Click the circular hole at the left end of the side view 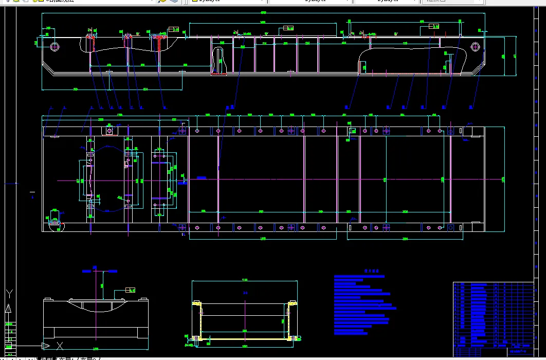click(x=55, y=47)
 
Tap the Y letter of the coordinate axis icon click(x=9, y=294)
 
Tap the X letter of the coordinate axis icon click(x=60, y=346)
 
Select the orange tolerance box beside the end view click(x=130, y=290)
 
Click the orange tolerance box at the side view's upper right click(x=434, y=26)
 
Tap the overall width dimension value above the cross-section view click(x=245, y=280)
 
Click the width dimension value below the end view click(x=95, y=348)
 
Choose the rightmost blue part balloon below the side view click(x=471, y=107)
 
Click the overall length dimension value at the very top click(x=263, y=12)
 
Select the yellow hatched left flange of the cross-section click(x=196, y=319)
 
